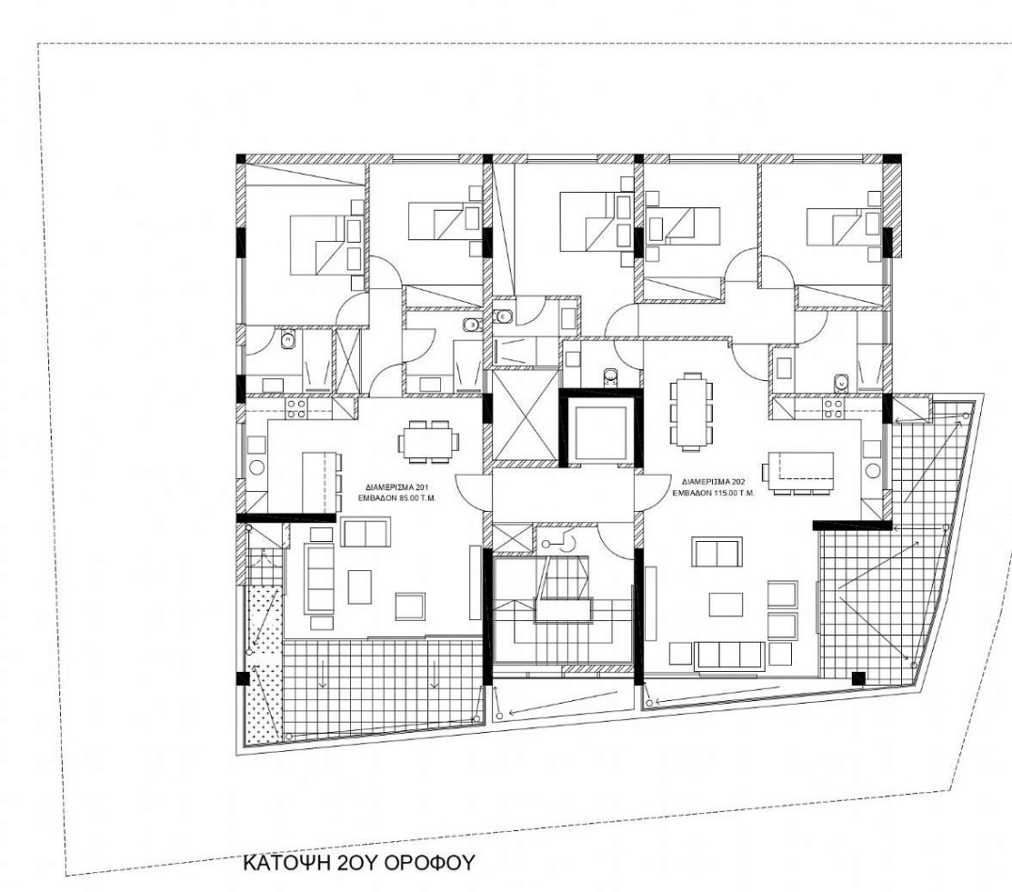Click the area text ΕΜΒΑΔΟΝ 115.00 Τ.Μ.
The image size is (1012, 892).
[x=714, y=493]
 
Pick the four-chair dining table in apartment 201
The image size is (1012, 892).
[x=428, y=442]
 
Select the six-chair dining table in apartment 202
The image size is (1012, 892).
[x=691, y=411]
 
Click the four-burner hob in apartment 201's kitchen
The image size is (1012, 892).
[x=297, y=408]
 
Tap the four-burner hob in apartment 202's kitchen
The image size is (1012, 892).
[x=833, y=408]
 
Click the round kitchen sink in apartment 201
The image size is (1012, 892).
[x=256, y=468]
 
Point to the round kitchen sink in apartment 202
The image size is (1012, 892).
[x=873, y=470]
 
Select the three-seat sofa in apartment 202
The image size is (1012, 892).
[x=730, y=655]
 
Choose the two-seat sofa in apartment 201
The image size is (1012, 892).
[x=366, y=533]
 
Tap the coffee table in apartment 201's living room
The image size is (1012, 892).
[x=359, y=586]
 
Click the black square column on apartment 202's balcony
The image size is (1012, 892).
[x=858, y=678]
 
